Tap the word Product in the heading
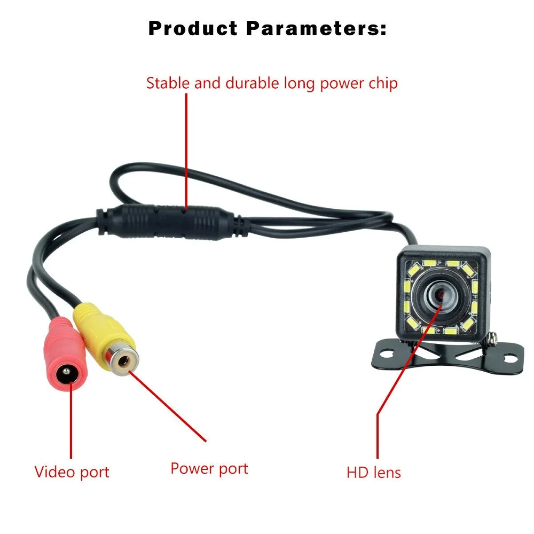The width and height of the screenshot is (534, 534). coord(193,29)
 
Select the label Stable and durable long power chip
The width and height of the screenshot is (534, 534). coord(272,84)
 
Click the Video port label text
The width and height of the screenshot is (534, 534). coord(72,472)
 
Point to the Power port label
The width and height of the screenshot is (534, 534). coord(209,468)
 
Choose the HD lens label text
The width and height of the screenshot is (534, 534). coord(374,472)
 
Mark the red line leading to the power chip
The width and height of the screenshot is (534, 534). coord(186,150)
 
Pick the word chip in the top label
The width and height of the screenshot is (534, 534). coord(382,84)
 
